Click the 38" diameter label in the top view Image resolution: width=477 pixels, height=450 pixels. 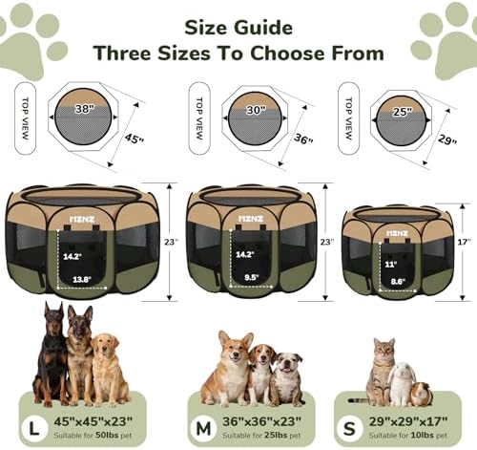pyautogui.click(x=85, y=109)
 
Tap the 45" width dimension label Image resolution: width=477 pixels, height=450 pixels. pyautogui.click(x=135, y=139)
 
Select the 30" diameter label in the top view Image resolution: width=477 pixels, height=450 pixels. pyautogui.click(x=256, y=110)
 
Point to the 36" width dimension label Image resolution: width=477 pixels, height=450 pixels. pyautogui.click(x=303, y=139)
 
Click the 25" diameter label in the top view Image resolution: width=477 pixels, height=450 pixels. pyautogui.click(x=403, y=112)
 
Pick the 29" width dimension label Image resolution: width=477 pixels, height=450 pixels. pyautogui.click(x=447, y=139)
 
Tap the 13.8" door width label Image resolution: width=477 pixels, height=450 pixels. pyautogui.click(x=82, y=280)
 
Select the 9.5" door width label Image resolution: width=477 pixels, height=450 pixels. pyautogui.click(x=252, y=277)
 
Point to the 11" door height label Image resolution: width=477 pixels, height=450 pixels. pyautogui.click(x=390, y=265)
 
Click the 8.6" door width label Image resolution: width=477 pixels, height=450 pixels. pyautogui.click(x=398, y=282)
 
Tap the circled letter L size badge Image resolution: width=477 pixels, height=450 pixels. pyautogui.click(x=34, y=428)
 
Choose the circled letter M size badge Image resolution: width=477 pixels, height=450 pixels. pyautogui.click(x=203, y=428)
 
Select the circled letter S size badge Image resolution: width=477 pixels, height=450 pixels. pyautogui.click(x=349, y=429)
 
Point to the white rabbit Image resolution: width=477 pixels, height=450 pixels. pyautogui.click(x=402, y=383)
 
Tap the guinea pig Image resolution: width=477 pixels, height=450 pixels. pyautogui.click(x=422, y=394)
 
